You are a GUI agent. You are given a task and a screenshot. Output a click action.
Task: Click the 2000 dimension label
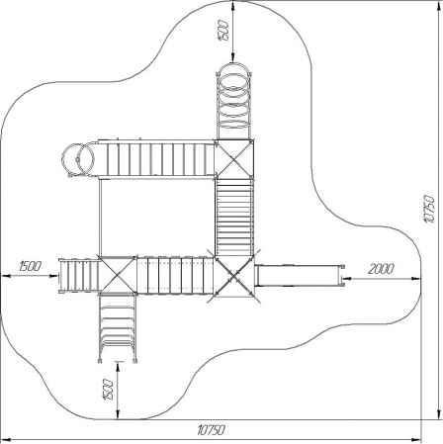point(381,269)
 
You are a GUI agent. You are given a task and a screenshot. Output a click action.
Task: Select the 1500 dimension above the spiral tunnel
point(223,31)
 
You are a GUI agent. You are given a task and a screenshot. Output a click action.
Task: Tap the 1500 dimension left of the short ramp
point(30,266)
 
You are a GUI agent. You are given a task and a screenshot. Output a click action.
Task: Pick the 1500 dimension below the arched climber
point(108,390)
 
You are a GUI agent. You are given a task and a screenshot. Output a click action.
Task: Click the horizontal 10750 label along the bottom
point(212,430)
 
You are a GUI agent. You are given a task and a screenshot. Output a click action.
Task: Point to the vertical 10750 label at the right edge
point(429,209)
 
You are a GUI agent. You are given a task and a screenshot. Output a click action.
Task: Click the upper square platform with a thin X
point(234,159)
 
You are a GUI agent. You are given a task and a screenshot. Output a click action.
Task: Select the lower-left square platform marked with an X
point(118,274)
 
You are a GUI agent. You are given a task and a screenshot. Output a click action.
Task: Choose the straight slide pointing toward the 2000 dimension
point(300,275)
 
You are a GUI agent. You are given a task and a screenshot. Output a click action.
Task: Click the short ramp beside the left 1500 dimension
point(78,275)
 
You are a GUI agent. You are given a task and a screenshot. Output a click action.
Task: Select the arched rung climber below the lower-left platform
point(118,327)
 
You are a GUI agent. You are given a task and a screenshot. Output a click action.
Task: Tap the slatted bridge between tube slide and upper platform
point(156,159)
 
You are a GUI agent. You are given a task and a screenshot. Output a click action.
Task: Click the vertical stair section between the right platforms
point(234,218)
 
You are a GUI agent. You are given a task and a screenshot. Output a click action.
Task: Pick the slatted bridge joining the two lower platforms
point(175,275)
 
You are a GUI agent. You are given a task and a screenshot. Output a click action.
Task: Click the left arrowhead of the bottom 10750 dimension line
point(7,439)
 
